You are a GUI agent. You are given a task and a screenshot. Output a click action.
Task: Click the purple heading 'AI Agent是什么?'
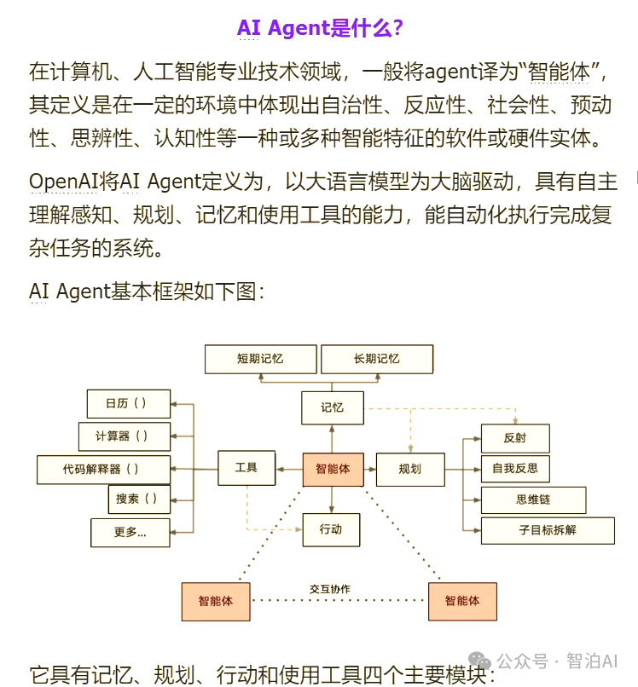[x=320, y=28]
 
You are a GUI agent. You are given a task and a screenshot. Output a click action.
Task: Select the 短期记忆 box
[x=260, y=359]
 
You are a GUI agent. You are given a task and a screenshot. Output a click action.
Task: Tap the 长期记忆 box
[x=376, y=359]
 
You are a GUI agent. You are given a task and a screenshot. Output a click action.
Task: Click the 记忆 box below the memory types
[x=332, y=407]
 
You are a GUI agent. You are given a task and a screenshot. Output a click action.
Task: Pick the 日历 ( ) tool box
[x=129, y=403]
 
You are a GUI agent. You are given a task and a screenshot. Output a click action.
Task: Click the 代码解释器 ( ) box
[x=103, y=469]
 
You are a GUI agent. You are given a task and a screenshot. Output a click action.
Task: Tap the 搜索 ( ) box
[x=138, y=499]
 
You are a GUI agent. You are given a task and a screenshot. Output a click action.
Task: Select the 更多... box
[x=130, y=533]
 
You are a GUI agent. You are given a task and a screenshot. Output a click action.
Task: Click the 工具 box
[x=246, y=469]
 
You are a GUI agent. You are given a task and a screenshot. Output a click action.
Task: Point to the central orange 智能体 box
[x=333, y=469]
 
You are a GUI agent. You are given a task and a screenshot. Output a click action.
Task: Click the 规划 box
[x=410, y=469]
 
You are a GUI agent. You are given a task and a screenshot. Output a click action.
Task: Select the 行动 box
[x=331, y=529]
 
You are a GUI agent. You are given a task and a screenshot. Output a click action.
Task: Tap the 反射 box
[x=514, y=438]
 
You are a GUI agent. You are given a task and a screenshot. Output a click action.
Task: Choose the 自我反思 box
[x=514, y=469]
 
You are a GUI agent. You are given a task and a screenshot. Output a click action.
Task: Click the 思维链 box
[x=533, y=500]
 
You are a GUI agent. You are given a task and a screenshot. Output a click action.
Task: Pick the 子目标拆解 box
[x=548, y=530]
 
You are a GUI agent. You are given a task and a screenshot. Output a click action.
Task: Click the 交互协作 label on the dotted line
[x=330, y=589]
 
